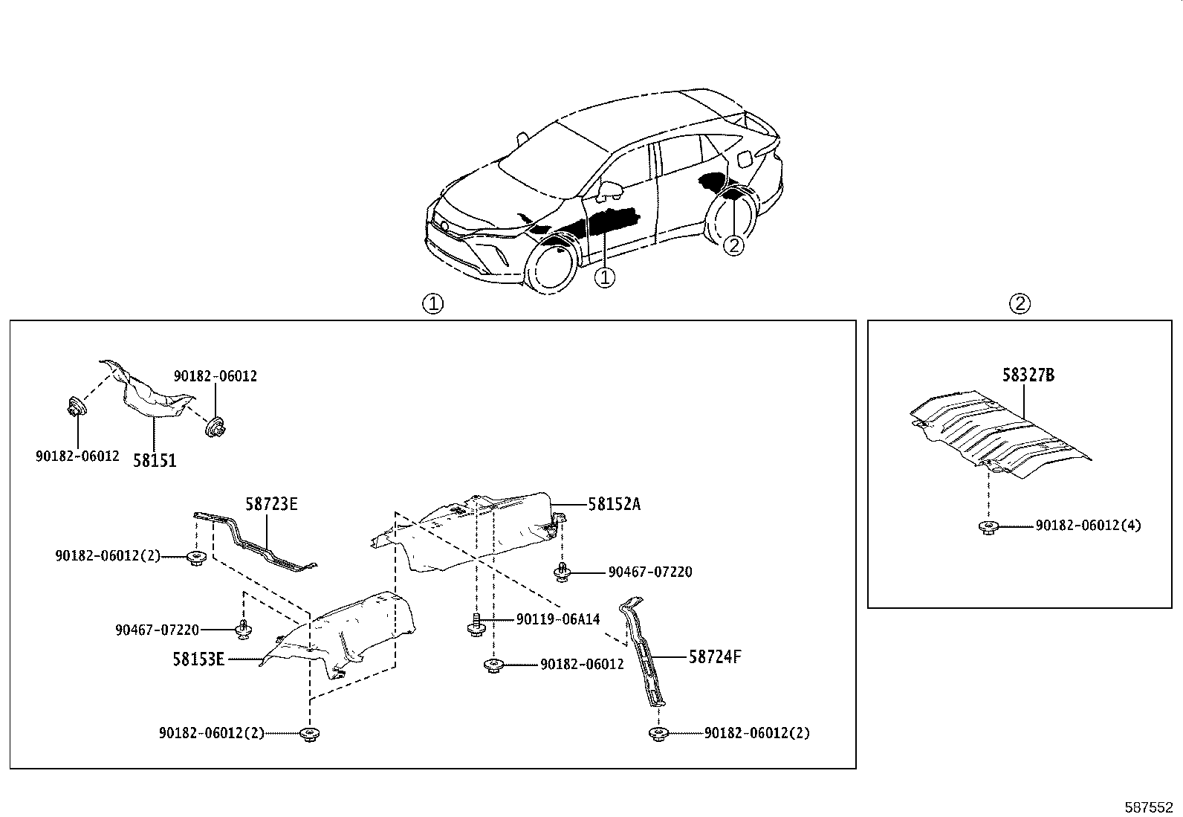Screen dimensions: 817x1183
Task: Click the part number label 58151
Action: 155,461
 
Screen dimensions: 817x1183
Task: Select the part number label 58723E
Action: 271,504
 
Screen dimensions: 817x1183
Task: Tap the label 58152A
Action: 614,504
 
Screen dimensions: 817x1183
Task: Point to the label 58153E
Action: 198,659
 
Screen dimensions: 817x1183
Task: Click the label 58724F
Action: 715,656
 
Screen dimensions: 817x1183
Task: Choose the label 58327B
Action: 1028,375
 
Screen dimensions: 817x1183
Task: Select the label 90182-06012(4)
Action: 1088,526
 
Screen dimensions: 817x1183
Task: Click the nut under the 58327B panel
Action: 988,527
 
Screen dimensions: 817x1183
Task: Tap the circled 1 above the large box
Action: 432,303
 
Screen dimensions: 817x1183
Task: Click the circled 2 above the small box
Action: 1020,303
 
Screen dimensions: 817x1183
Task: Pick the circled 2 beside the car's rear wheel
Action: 733,245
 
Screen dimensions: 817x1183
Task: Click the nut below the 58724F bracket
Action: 658,734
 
